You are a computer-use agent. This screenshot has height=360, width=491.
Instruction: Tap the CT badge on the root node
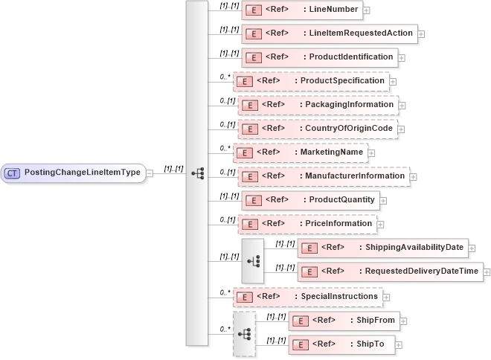(12, 173)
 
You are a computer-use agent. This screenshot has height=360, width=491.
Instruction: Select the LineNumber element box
(301, 10)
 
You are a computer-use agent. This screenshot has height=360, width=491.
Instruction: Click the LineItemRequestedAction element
(329, 33)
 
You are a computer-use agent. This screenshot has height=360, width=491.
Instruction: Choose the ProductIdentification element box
(318, 57)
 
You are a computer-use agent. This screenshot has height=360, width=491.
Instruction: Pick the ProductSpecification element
(310, 80)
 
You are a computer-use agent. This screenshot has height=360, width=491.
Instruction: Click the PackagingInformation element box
(318, 105)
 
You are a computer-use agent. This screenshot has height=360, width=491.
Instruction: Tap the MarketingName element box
(300, 152)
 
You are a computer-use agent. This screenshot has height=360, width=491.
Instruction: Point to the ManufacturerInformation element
(323, 176)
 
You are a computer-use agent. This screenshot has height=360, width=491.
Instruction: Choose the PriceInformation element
(307, 223)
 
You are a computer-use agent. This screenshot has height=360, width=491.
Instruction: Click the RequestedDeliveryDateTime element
(389, 271)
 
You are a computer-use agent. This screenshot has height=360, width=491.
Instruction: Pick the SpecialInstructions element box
(307, 297)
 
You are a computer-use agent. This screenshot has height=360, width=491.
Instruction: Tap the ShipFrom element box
(343, 321)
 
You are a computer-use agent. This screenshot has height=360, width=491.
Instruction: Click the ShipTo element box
(341, 344)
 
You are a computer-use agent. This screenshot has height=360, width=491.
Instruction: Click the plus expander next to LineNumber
(366, 11)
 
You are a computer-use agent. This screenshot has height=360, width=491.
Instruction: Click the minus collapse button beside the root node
(150, 173)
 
